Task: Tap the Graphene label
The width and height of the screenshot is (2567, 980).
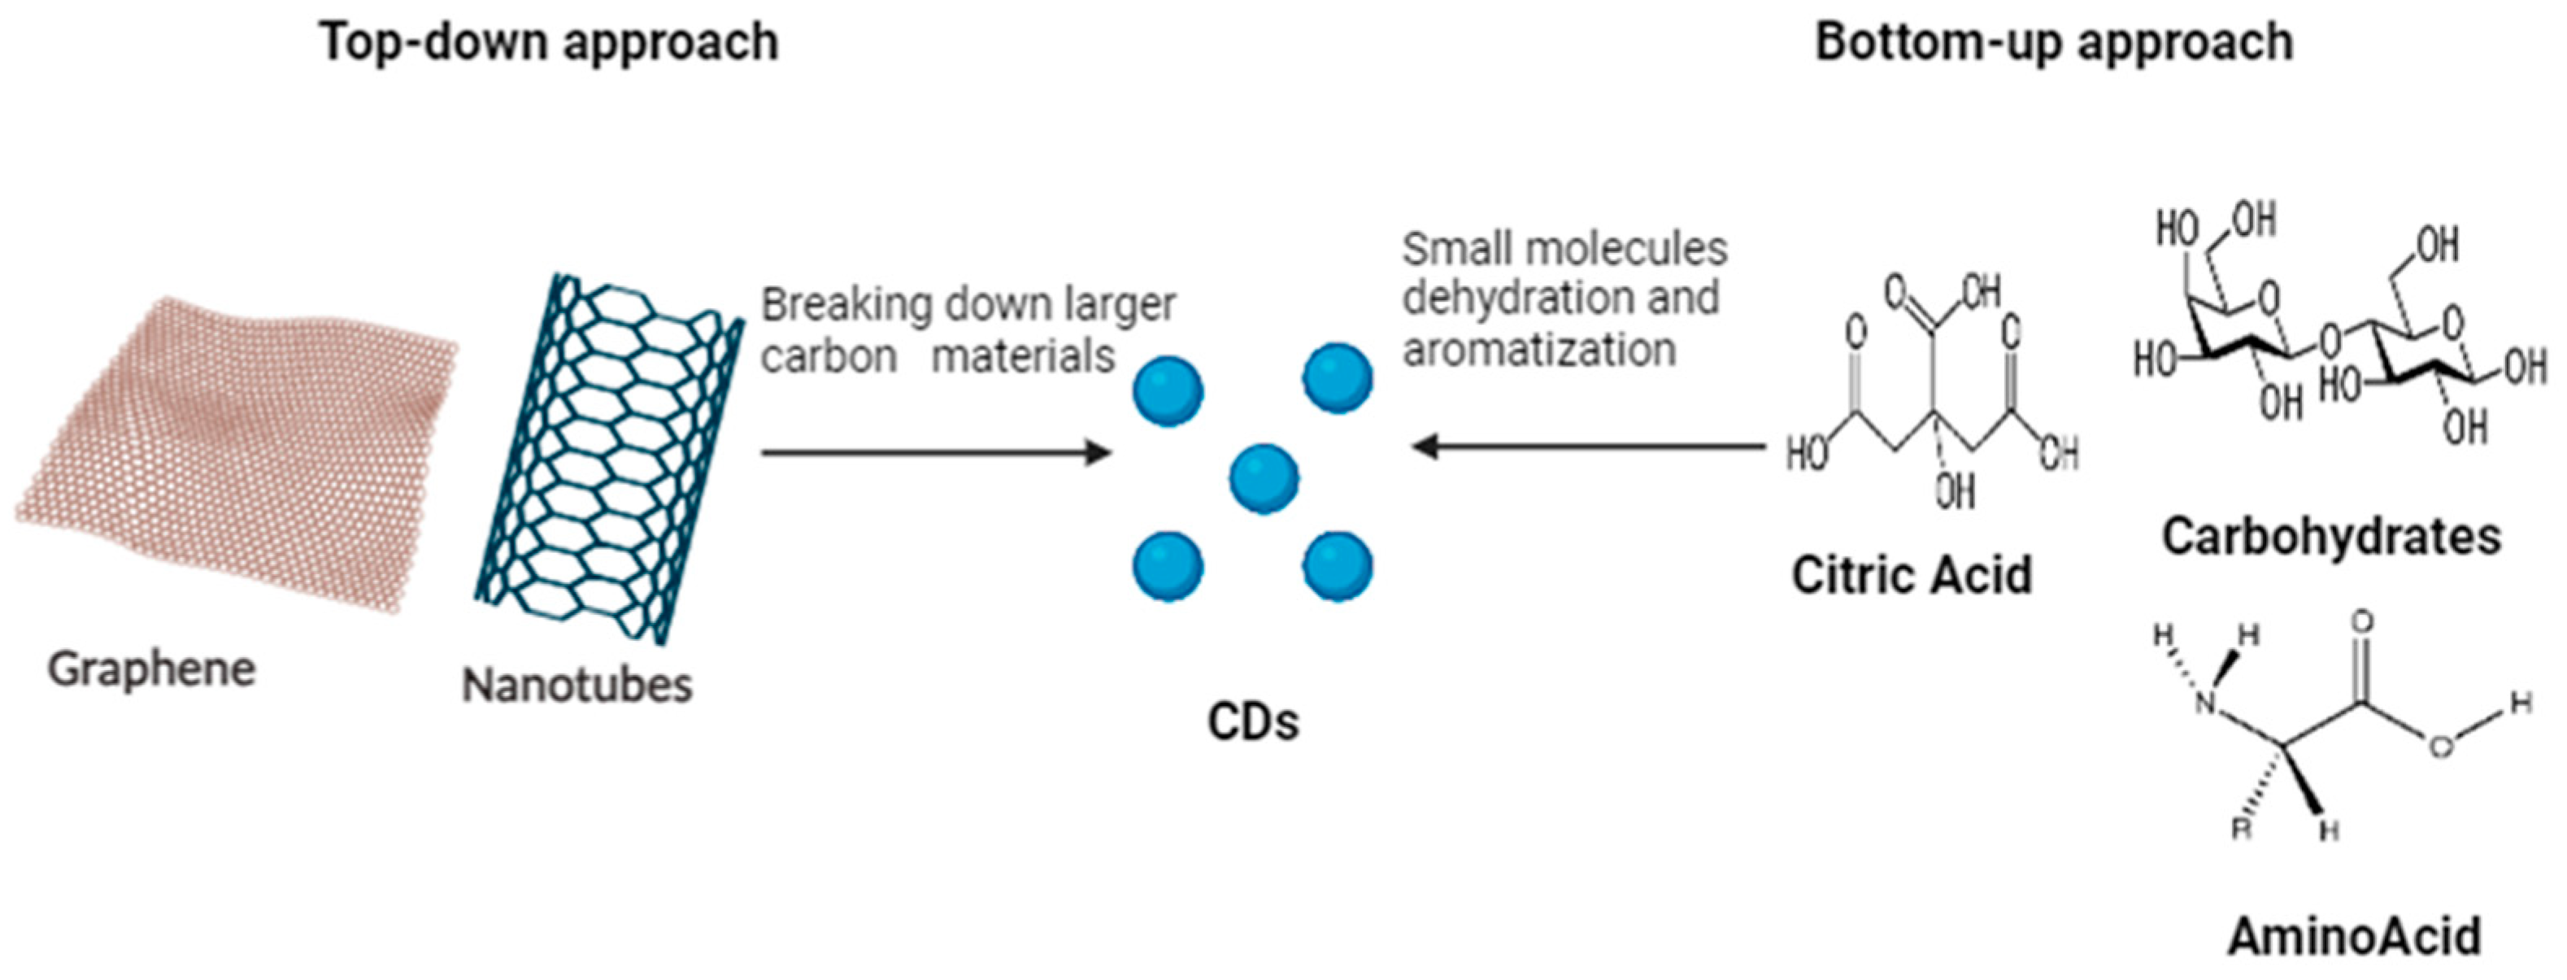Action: pyautogui.click(x=151, y=668)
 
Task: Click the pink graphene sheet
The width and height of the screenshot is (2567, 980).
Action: pyautogui.click(x=239, y=449)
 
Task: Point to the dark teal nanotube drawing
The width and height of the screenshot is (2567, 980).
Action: pyautogui.click(x=608, y=459)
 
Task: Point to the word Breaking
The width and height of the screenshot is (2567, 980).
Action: pyautogui.click(x=846, y=305)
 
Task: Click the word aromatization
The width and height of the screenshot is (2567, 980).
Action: pyautogui.click(x=1539, y=350)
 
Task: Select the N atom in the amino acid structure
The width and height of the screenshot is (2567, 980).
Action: pyautogui.click(x=2208, y=703)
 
